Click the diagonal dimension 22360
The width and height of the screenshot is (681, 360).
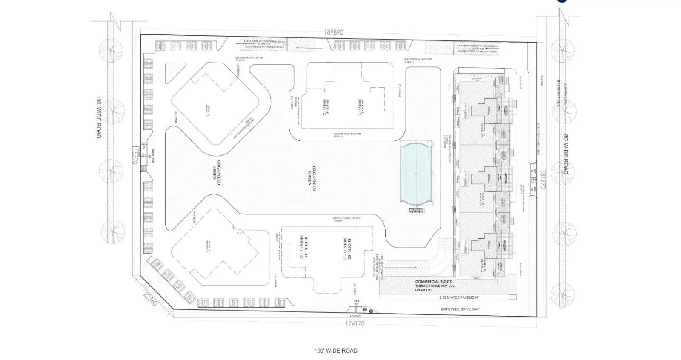(150, 300)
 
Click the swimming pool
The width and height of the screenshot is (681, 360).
(415, 173)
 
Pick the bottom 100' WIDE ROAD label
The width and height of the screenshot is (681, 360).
(335, 351)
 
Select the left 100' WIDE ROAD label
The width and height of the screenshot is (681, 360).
(99, 117)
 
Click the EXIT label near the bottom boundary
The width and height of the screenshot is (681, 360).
(357, 301)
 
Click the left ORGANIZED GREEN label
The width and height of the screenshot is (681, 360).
(217, 172)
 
